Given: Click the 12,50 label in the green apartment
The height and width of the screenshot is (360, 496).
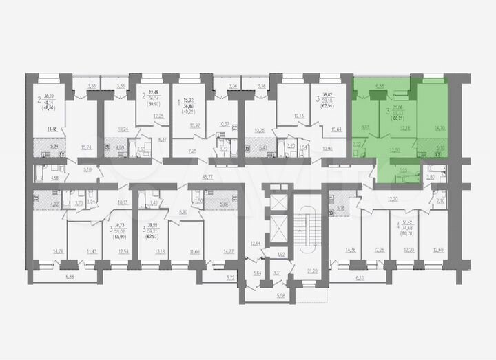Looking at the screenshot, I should [x=394, y=149].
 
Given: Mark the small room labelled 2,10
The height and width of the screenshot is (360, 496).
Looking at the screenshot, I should [x=440, y=202].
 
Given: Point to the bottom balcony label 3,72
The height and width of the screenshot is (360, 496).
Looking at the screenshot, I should [x=231, y=277].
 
